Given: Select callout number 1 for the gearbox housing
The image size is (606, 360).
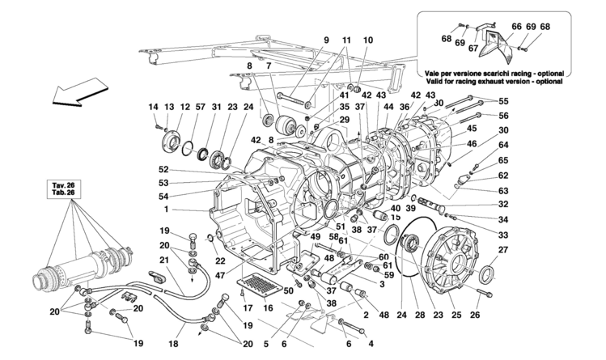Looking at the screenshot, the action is pos(166,210).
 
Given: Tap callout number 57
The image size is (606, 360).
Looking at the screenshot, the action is pos(200,107).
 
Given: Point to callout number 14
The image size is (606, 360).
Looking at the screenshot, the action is pos(154,107).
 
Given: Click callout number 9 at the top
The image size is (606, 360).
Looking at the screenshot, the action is pos(326,40).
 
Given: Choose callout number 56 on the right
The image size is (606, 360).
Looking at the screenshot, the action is pos(503,116).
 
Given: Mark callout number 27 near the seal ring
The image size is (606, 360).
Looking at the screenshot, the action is pos(502,249).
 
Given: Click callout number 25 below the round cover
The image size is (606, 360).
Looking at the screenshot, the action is pos(456,315).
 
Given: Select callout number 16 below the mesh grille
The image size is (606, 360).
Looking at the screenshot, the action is pos(268,308).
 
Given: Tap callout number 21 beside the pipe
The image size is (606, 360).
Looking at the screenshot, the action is pos(164,260).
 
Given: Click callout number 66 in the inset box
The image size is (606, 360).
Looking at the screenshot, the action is pos(517,27).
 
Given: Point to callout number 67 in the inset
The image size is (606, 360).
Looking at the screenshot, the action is pos(473,49).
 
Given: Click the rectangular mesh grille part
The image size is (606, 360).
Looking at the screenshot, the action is pos(261,286).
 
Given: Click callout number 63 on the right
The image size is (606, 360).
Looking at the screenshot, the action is pos(503,190).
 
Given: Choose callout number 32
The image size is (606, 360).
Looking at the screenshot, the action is pos(503,205).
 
